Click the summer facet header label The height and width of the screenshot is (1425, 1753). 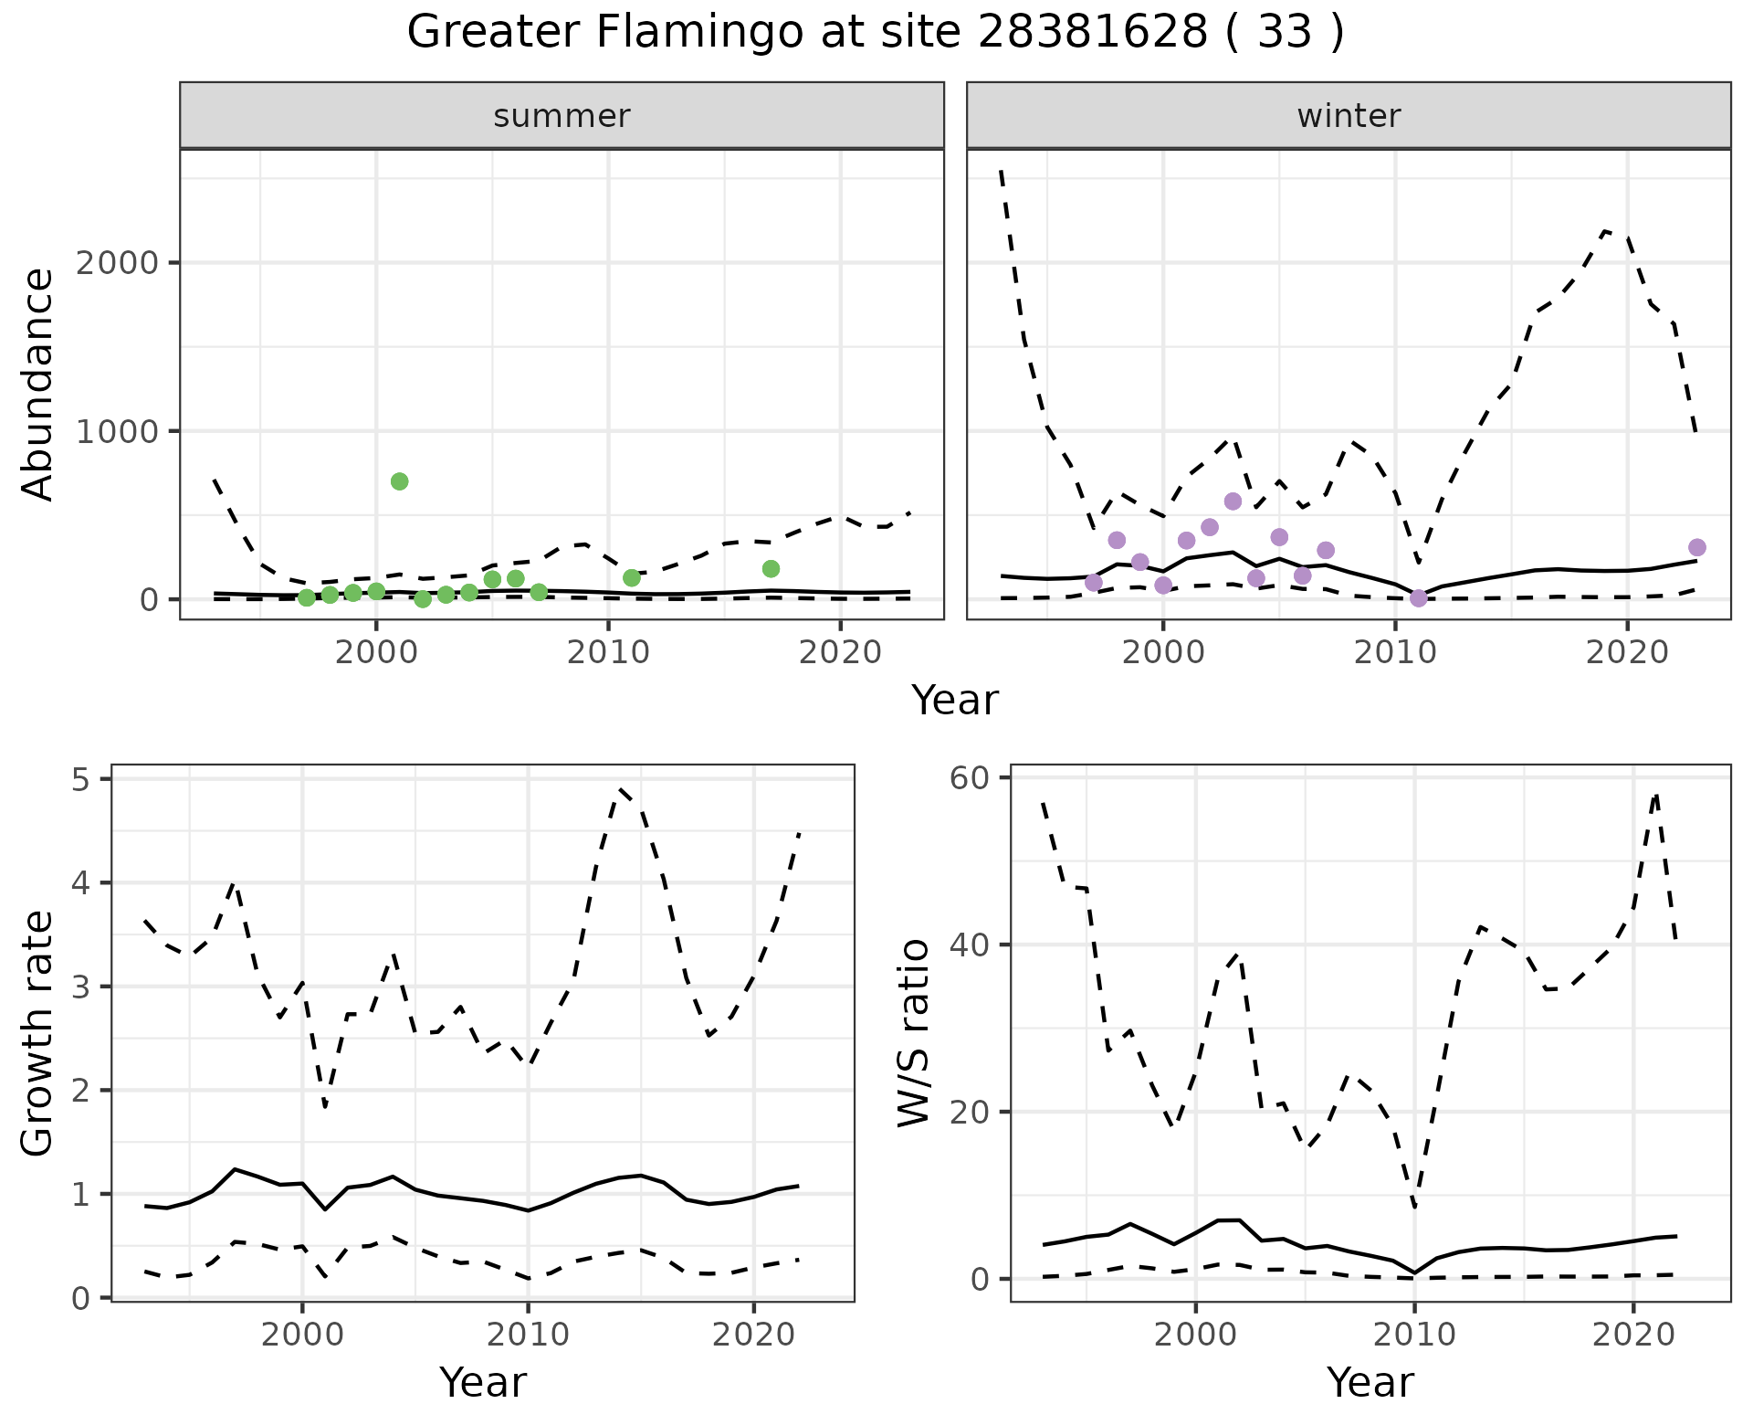pyautogui.click(x=562, y=116)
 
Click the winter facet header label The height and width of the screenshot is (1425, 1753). pyautogui.click(x=1349, y=116)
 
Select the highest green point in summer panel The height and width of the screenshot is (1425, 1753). pyautogui.click(x=399, y=481)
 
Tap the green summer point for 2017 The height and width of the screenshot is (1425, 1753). pyautogui.click(x=771, y=569)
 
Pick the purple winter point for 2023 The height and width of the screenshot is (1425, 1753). pyautogui.click(x=1697, y=547)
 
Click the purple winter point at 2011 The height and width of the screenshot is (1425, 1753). pyautogui.click(x=1418, y=598)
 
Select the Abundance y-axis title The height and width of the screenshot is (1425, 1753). pyautogui.click(x=38, y=384)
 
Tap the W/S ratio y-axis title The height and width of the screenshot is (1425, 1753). pyautogui.click(x=914, y=1032)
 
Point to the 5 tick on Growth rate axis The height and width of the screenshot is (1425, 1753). pyautogui.click(x=89, y=779)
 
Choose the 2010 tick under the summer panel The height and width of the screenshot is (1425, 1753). pyautogui.click(x=608, y=652)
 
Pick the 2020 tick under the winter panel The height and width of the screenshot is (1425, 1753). pyautogui.click(x=1627, y=652)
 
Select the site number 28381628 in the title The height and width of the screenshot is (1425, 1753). pyautogui.click(x=1092, y=33)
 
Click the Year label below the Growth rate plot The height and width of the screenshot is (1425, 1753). pyautogui.click(x=483, y=1382)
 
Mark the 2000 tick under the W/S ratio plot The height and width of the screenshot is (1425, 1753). pyautogui.click(x=1196, y=1335)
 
